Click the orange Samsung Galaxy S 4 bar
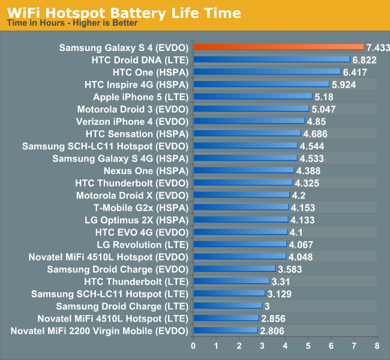pyautogui.click(x=278, y=47)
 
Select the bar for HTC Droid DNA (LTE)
pyautogui.click(x=271, y=59)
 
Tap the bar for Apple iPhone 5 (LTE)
pyautogui.click(x=253, y=97)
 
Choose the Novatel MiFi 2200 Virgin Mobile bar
pyautogui.click(x=225, y=331)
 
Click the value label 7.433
pyautogui.click(x=379, y=47)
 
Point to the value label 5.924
pyautogui.click(x=344, y=84)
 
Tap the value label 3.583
pyautogui.click(x=290, y=269)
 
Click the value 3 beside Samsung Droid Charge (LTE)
pyautogui.click(x=267, y=306)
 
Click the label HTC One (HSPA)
pyautogui.click(x=151, y=72)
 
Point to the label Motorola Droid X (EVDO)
pyautogui.click(x=133, y=195)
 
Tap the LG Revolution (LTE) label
pyautogui.click(x=143, y=244)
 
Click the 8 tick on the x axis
pyautogui.click(x=377, y=346)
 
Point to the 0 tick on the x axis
pyautogui.click(x=193, y=346)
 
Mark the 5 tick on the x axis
pyautogui.click(x=308, y=346)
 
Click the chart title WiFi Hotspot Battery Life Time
pyautogui.click(x=124, y=13)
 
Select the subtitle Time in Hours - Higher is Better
pyautogui.click(x=72, y=23)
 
